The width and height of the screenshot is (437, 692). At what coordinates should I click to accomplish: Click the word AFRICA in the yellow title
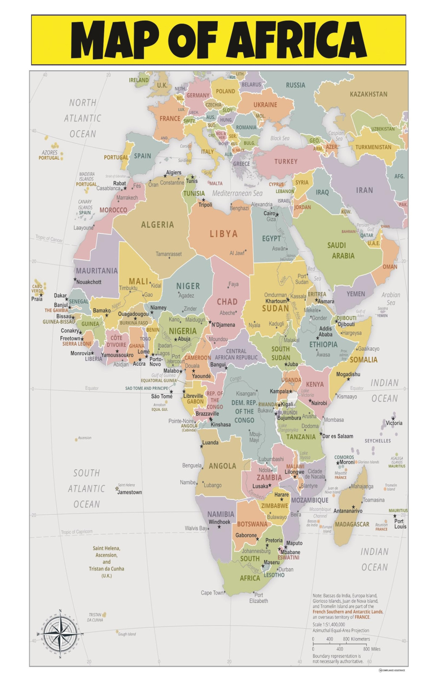point(297,40)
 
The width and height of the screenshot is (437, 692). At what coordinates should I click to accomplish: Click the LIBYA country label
point(224,234)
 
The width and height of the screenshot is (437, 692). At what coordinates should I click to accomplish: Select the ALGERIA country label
point(158,225)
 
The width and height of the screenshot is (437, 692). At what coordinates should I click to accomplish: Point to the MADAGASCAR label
point(352,524)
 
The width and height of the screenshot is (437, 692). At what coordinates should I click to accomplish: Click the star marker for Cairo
point(277,215)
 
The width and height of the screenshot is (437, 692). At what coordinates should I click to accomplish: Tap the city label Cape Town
point(212,593)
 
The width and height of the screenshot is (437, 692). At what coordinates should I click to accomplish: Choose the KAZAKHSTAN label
point(369,94)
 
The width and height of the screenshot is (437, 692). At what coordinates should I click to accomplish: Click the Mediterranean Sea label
point(237,193)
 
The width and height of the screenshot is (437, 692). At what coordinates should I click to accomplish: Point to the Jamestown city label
point(129,492)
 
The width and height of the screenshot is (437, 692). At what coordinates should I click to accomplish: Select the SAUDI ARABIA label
point(343,251)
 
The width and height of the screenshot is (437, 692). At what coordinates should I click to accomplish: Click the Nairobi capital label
point(319,403)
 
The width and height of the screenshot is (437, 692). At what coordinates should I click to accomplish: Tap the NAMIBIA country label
point(221,514)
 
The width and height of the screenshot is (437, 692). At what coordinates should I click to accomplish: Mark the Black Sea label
point(279,138)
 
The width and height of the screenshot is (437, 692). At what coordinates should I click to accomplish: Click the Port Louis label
point(400,524)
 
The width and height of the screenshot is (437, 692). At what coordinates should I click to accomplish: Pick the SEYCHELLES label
point(377,441)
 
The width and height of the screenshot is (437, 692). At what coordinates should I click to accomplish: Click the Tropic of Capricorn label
point(76,532)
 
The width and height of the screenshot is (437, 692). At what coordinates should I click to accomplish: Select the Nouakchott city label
point(89,282)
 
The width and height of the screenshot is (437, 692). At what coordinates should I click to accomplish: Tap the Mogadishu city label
point(348,374)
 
